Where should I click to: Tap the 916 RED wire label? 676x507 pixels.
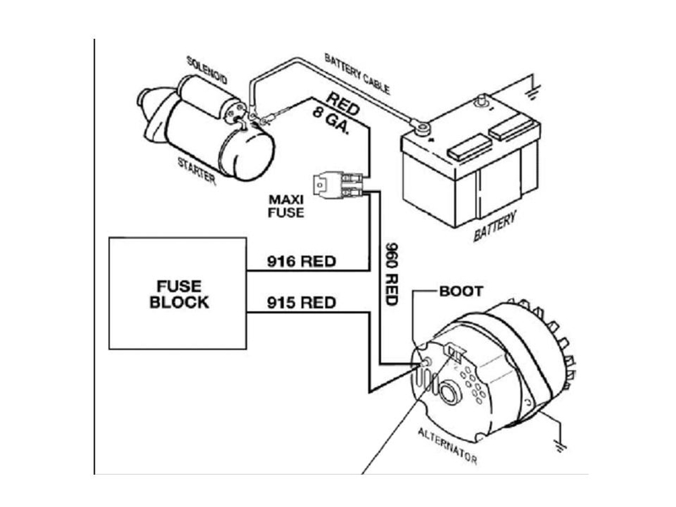click(301, 261)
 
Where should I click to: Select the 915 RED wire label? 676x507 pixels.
click(301, 302)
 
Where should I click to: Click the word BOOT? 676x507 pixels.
click(461, 291)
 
